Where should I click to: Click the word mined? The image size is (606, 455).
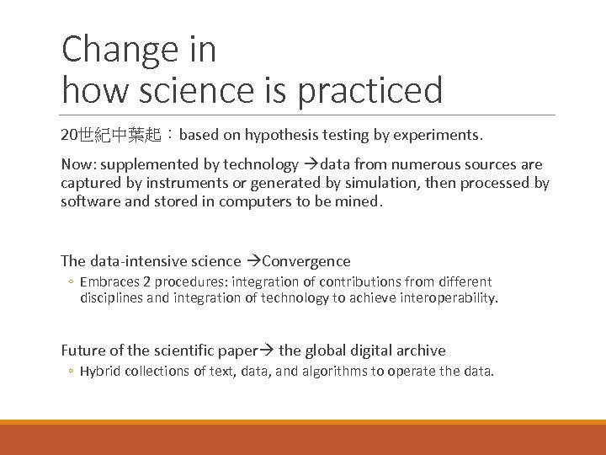[x=362, y=202]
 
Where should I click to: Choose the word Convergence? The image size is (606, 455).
[x=307, y=261]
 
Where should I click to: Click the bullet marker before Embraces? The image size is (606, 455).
[x=72, y=282]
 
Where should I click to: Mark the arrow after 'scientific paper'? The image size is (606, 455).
[x=268, y=351]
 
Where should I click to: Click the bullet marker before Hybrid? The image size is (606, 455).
[x=72, y=372]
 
